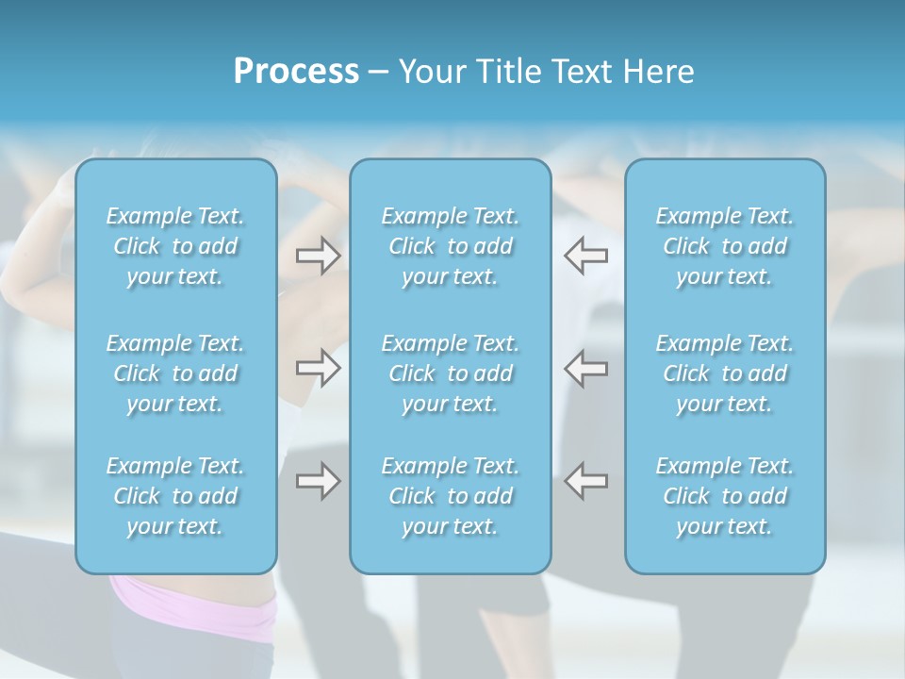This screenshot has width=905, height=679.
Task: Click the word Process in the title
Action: point(296,72)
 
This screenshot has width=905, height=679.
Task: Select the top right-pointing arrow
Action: point(318,256)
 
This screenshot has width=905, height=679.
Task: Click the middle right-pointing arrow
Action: point(318,367)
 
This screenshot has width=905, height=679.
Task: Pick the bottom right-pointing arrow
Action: point(318,481)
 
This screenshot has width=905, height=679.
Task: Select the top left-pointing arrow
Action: point(586,256)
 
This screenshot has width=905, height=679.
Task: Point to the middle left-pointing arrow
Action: point(586,367)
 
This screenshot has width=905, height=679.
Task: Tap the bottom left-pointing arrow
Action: point(586,481)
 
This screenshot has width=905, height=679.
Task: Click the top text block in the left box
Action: point(175,246)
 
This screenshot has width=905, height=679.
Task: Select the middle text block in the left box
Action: point(175,373)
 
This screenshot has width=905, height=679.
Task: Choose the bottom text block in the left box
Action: point(175,496)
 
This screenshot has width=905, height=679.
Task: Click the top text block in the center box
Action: point(450,246)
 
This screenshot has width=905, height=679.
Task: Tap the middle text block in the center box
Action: point(450,373)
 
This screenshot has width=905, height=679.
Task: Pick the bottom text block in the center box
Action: point(450,496)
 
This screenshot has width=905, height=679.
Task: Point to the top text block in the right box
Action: point(724,246)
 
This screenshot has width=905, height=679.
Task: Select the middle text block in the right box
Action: point(724,373)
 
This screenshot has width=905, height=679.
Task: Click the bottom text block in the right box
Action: point(724,496)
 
